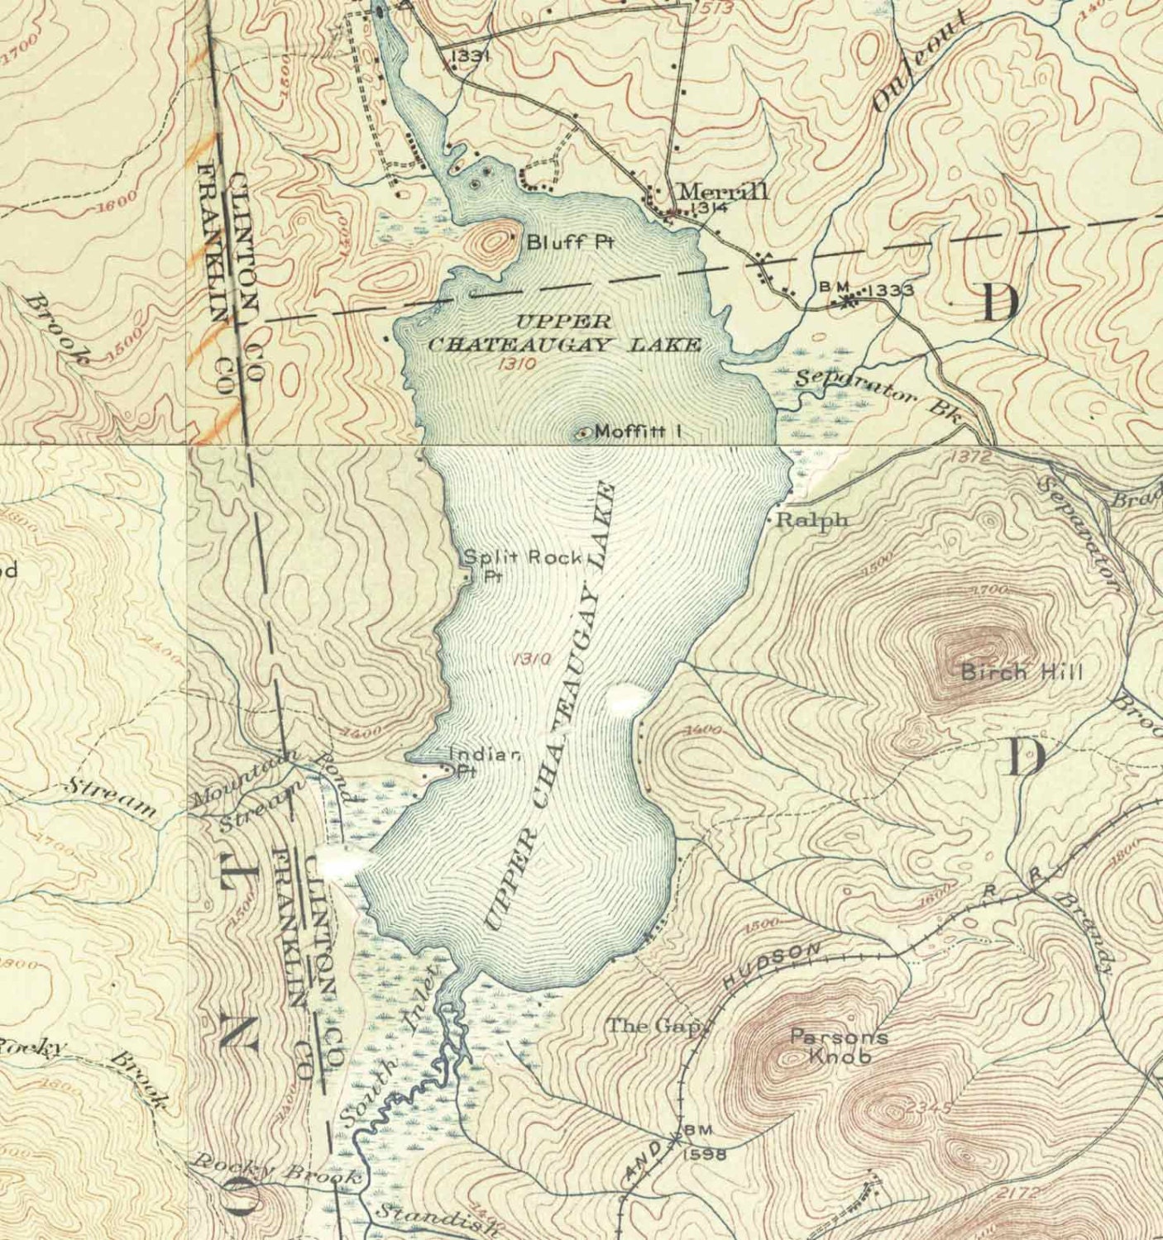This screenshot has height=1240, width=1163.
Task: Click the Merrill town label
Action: pyautogui.click(x=722, y=191)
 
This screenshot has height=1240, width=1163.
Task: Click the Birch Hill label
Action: pyautogui.click(x=1021, y=671)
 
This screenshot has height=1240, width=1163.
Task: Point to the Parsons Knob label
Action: pyautogui.click(x=839, y=1046)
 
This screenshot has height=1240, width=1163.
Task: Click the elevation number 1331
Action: pyautogui.click(x=471, y=55)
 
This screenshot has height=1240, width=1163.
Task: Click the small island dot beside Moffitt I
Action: pyautogui.click(x=583, y=432)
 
